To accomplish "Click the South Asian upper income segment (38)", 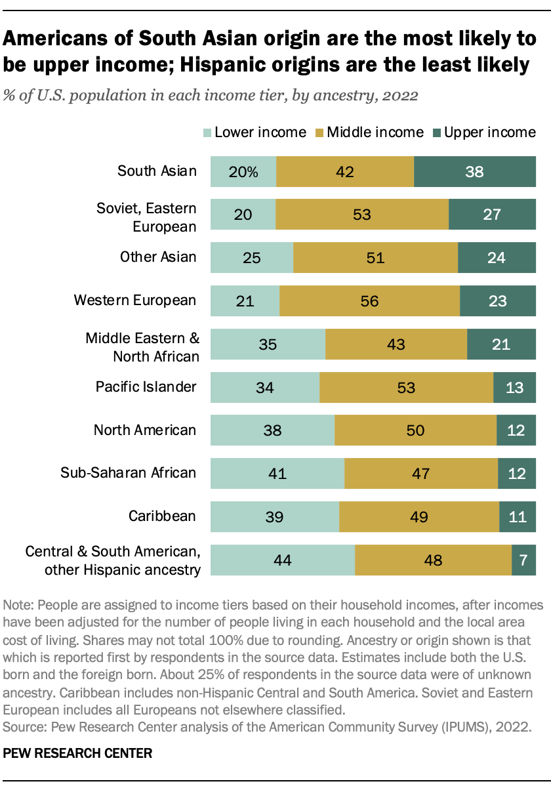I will [475, 172].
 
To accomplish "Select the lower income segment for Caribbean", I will [274, 516].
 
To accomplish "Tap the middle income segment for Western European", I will [369, 301].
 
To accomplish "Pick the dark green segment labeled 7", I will [523, 560].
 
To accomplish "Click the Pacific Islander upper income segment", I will [514, 387].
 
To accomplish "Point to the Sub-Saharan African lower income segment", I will [277, 473].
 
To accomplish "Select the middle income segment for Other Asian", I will [375, 257].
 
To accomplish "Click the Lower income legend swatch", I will [207, 133].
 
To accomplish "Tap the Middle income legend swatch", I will [319, 133].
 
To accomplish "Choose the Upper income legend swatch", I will [436, 133].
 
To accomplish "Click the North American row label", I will [144, 430].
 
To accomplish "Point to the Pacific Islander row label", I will [144, 386].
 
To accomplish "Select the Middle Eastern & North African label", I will [142, 347].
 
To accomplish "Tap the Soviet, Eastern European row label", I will [146, 217].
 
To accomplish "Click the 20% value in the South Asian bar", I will [243, 172].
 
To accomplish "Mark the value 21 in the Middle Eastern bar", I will [501, 344].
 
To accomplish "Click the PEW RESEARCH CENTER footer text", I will [77, 754].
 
